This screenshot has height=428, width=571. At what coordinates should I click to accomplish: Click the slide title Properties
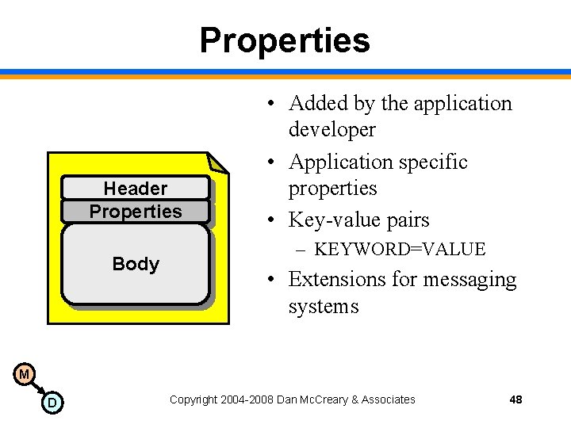(x=285, y=40)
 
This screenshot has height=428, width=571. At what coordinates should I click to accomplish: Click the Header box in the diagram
(x=136, y=188)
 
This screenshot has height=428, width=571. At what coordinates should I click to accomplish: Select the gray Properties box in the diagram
(x=136, y=212)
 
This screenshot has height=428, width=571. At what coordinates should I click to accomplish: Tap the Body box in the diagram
(x=136, y=264)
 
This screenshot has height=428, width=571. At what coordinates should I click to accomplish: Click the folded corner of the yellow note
(x=218, y=162)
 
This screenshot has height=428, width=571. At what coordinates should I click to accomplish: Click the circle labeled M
(x=24, y=373)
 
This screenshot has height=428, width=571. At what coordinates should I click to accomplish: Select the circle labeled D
(x=52, y=403)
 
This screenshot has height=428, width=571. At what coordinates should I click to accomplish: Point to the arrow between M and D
(x=37, y=388)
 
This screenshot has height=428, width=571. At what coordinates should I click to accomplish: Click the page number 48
(x=515, y=399)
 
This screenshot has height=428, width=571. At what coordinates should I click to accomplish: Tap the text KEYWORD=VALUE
(x=399, y=250)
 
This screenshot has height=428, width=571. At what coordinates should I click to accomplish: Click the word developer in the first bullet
(x=331, y=129)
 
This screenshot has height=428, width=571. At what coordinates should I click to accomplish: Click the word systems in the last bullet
(x=324, y=307)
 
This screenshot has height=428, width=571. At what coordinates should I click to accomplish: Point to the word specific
(x=433, y=162)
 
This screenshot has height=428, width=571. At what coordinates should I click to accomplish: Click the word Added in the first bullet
(x=314, y=104)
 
